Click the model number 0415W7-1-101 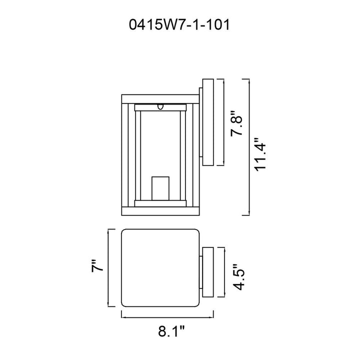coord(179,24)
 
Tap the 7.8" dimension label coord(236,123)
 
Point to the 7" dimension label coord(97,266)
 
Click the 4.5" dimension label coord(238,277)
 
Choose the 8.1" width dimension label coord(171,331)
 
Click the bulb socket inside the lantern coord(160,188)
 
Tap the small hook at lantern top coord(160,106)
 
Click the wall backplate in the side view coord(208,122)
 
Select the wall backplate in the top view coord(208,272)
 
